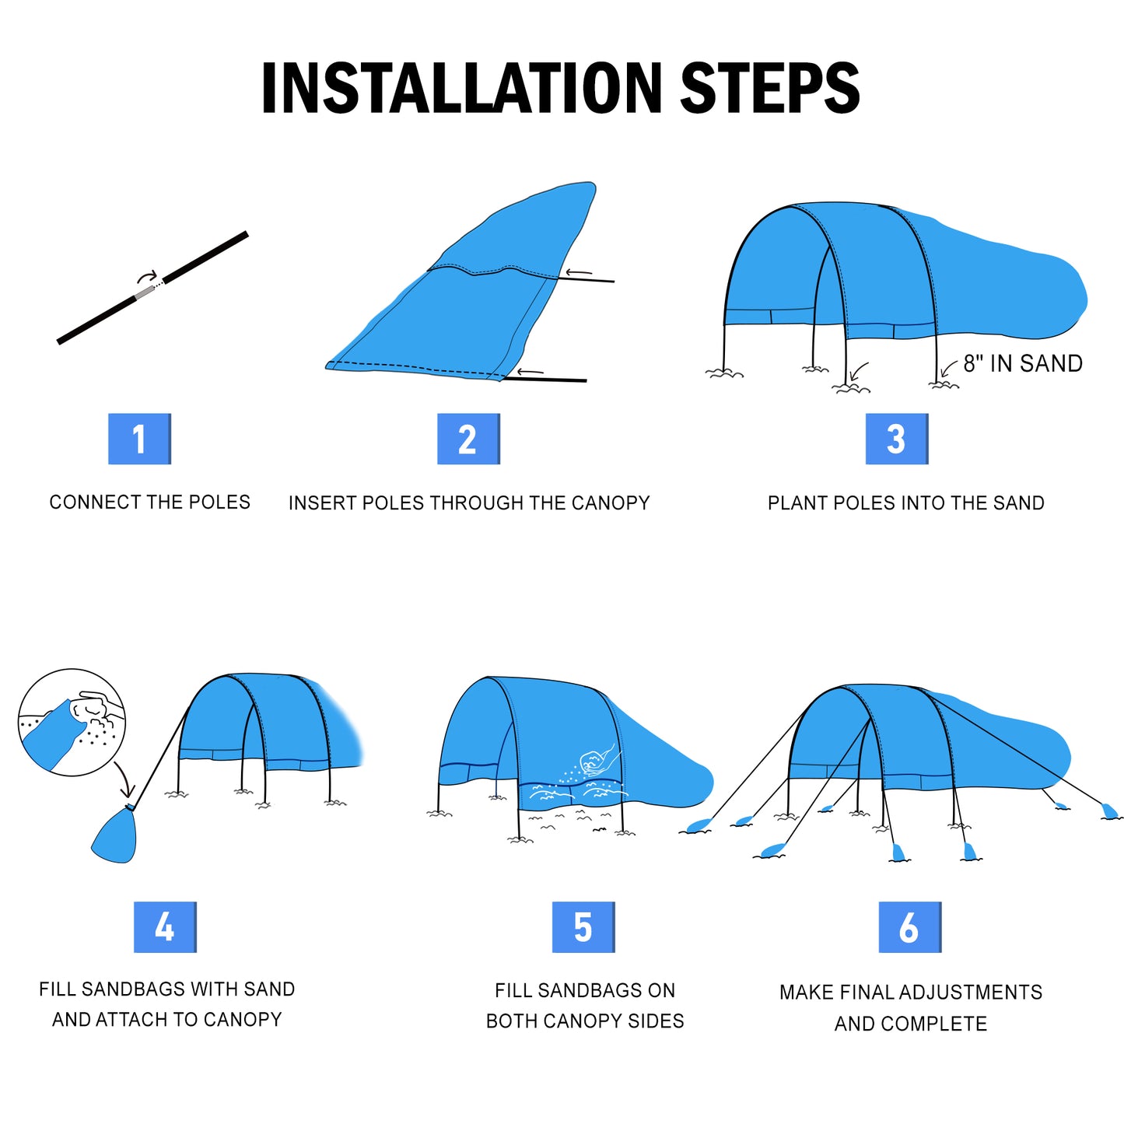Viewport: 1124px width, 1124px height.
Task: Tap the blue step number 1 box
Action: (x=139, y=439)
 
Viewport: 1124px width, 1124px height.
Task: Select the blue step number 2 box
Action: (x=468, y=439)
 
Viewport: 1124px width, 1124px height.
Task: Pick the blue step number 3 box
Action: (x=897, y=439)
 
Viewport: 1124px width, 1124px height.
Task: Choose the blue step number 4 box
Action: (x=165, y=927)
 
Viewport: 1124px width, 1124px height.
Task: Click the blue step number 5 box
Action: (x=583, y=927)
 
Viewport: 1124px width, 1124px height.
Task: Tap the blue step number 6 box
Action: (x=909, y=927)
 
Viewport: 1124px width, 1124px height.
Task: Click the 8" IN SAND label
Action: (x=1023, y=363)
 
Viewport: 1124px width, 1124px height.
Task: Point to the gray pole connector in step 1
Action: (x=145, y=293)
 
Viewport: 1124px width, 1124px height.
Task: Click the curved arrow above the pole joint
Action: (x=147, y=276)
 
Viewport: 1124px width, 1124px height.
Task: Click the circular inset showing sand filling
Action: (x=72, y=722)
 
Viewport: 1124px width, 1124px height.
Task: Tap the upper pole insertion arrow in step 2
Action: (x=579, y=273)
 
